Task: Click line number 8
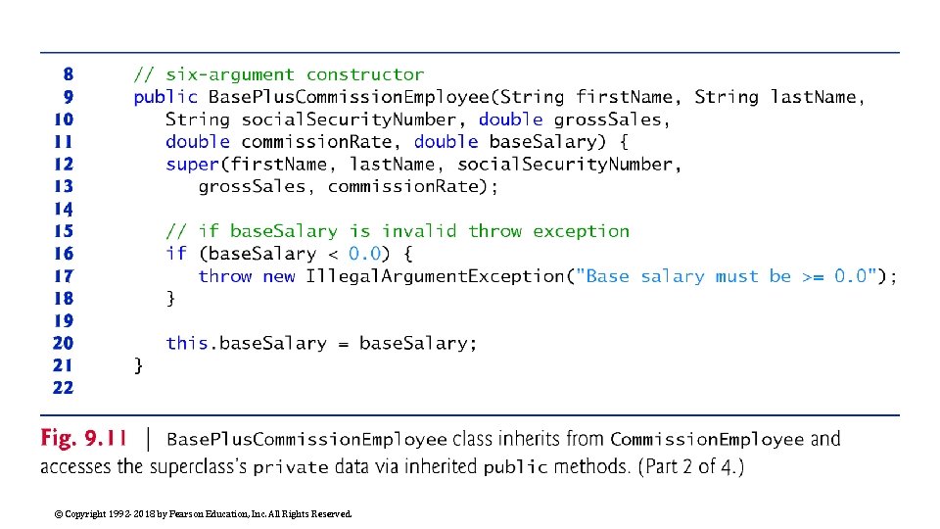68,74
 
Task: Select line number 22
63,388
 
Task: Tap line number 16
63,254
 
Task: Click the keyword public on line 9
165,97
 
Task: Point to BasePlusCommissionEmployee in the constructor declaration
349,97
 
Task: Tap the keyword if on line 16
176,254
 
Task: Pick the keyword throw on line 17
224,276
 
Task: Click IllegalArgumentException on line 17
435,276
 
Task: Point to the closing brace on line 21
138,365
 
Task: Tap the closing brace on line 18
170,299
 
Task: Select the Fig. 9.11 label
83,439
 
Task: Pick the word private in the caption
291,468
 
